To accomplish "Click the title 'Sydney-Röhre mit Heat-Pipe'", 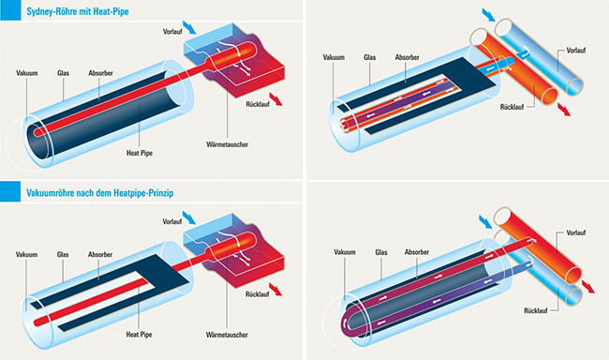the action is (77, 11).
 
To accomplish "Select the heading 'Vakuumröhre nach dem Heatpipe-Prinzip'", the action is (100, 193).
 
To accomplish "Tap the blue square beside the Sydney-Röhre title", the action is (10, 10).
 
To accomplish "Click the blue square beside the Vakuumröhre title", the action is (10, 191).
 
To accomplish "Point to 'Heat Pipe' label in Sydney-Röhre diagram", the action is (140, 153).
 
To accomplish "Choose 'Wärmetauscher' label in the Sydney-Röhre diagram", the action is (228, 144).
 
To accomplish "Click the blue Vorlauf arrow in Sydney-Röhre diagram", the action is (189, 27).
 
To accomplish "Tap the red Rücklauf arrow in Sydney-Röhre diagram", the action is (275, 99).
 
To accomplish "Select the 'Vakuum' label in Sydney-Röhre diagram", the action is (27, 73).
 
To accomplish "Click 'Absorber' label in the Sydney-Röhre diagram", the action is (100, 73).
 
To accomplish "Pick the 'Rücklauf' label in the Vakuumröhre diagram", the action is (257, 294).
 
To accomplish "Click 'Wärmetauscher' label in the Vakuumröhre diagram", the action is (227, 335).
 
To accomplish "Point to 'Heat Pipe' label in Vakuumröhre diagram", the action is (139, 335).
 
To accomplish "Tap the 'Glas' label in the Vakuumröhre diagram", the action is (63, 255).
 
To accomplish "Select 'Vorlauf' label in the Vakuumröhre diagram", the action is (172, 222).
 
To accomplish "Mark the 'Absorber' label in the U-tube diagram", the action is (417, 252).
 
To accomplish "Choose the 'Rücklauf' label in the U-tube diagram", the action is (536, 311).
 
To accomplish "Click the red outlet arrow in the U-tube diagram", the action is (588, 287).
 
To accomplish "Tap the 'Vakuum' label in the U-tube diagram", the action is (345, 252).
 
